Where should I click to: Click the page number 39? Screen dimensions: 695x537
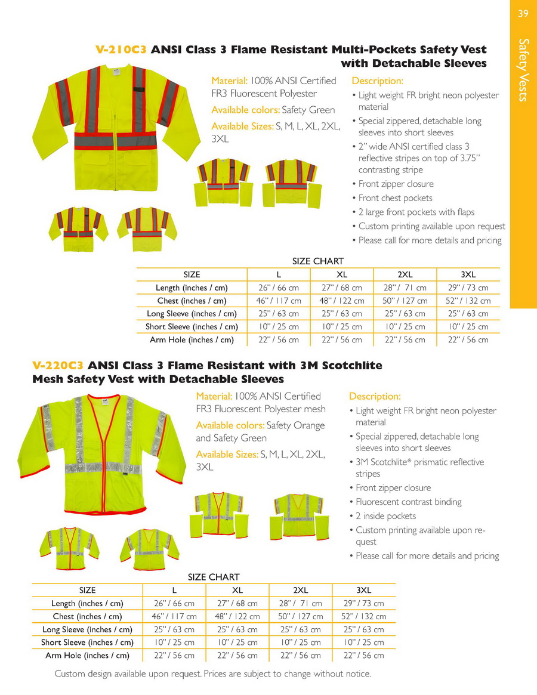[x=523, y=14]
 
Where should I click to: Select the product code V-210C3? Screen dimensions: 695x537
[x=121, y=50]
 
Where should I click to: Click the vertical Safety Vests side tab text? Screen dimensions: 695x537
[x=523, y=70]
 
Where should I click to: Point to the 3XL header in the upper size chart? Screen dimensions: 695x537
[x=468, y=274]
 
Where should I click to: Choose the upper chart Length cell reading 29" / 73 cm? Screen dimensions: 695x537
[x=468, y=288]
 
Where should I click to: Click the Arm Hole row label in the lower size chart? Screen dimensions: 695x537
[x=87, y=655]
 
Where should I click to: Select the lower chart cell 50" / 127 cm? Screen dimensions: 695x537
[x=301, y=616]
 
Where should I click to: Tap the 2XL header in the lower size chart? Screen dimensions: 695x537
[x=301, y=590]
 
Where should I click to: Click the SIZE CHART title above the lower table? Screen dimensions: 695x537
[x=214, y=577]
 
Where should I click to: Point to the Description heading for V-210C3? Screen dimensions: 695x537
[x=378, y=81]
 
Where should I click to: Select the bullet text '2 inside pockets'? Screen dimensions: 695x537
[x=385, y=516]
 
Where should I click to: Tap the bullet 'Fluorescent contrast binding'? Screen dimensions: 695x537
[x=408, y=502]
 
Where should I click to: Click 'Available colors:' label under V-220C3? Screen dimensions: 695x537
[x=230, y=425]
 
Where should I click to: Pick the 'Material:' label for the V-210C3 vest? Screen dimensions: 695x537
[x=230, y=81]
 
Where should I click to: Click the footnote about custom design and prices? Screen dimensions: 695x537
[x=213, y=674]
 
